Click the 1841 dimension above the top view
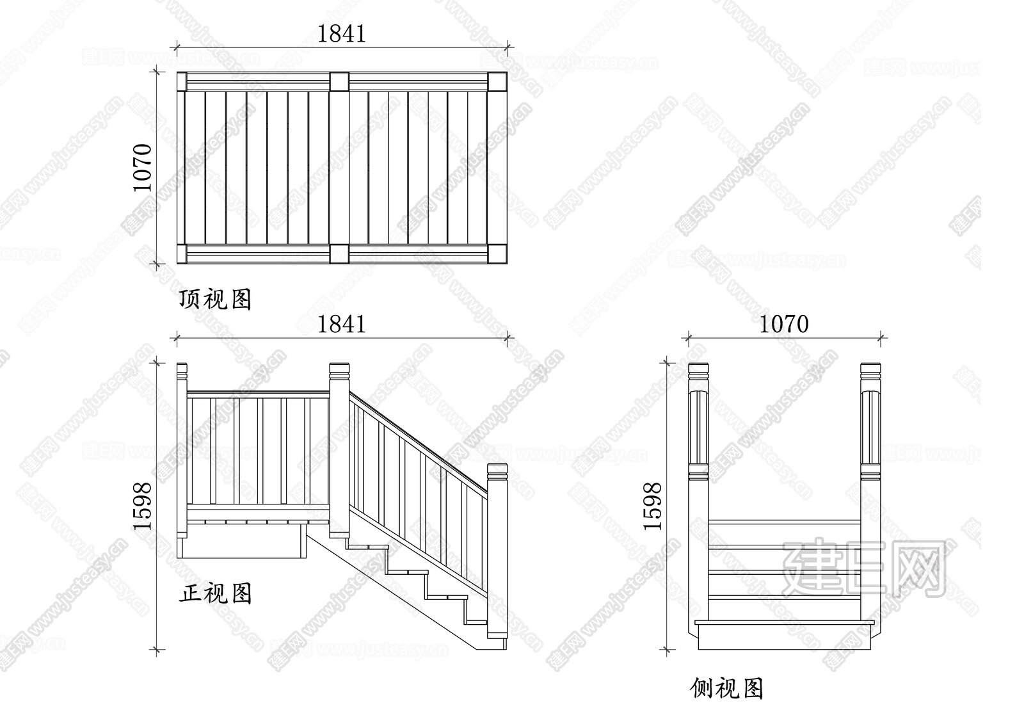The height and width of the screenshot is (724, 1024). (x=342, y=33)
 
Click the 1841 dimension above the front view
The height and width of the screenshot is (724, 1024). (x=342, y=325)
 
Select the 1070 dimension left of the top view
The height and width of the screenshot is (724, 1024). (x=142, y=168)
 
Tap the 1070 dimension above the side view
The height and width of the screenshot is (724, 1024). (x=784, y=325)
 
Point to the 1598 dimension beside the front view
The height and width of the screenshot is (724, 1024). (x=142, y=506)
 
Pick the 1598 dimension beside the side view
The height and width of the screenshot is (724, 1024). (x=652, y=506)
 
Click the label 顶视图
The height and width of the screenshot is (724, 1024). (x=215, y=300)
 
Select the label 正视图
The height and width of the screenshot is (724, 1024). (x=215, y=593)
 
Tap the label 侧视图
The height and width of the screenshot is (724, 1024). (x=726, y=688)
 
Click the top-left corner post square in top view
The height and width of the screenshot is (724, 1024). (x=182, y=82)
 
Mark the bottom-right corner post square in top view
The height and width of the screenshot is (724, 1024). (x=497, y=254)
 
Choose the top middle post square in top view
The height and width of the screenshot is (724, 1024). (x=339, y=82)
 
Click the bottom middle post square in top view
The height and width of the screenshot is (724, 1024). (x=339, y=254)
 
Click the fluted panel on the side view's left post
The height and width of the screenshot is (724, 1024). (x=698, y=428)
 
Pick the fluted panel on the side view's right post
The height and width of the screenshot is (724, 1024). (x=870, y=428)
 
